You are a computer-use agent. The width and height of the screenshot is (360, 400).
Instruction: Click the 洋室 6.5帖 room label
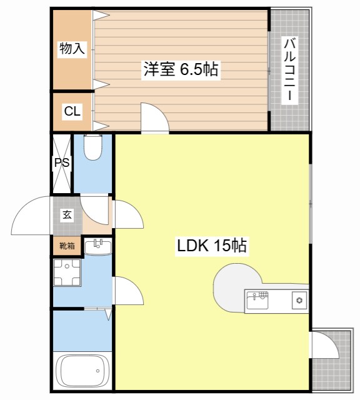[181, 69]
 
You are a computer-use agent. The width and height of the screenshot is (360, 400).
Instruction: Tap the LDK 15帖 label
[212, 246]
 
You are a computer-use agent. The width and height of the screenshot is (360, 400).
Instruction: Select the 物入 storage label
[72, 48]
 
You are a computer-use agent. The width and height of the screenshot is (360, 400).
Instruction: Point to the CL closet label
[72, 111]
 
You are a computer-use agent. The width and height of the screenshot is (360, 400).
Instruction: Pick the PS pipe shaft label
[62, 162]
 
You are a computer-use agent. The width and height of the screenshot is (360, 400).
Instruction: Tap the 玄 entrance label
[67, 215]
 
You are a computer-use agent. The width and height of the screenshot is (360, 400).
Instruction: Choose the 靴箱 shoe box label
[67, 246]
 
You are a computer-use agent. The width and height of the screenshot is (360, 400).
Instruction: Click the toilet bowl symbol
[93, 147]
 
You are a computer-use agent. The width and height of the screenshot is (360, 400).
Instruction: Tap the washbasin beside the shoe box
[97, 247]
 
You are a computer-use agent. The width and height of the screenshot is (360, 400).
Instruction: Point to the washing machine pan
[67, 272]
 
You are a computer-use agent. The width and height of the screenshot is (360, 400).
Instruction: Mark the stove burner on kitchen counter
[299, 300]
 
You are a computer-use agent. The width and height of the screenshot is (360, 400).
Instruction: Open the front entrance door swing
[31, 215]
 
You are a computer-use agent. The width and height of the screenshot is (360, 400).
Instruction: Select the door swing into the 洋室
[155, 118]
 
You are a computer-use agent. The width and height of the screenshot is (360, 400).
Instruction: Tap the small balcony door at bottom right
[325, 345]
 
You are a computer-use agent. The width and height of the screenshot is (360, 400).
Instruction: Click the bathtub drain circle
[97, 371]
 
